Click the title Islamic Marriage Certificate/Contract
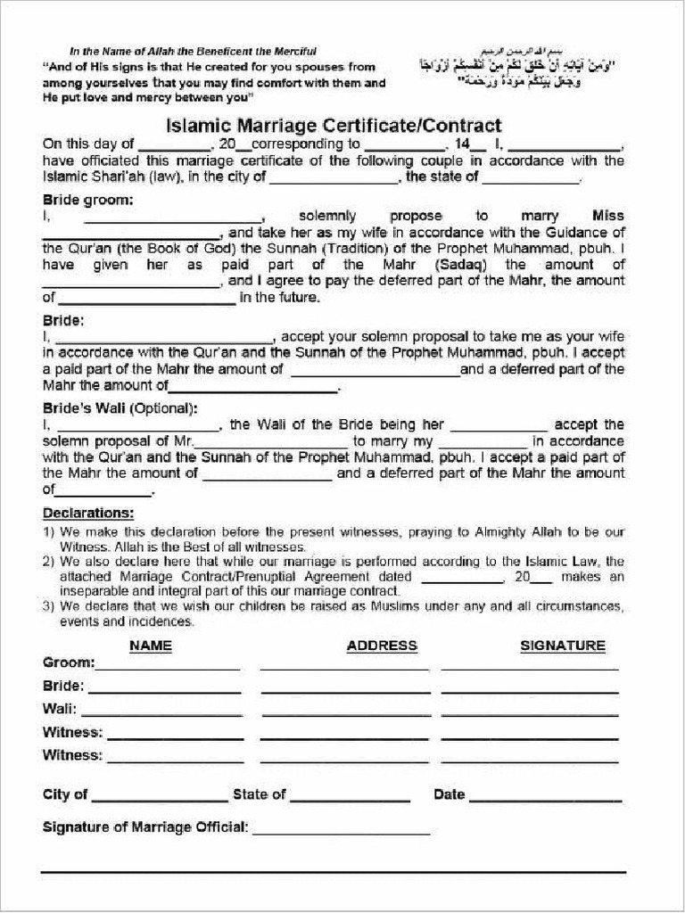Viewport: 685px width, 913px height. (334, 126)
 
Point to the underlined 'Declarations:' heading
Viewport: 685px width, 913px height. (88, 514)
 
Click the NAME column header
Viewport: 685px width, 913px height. (151, 646)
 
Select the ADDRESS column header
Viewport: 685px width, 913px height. (382, 646)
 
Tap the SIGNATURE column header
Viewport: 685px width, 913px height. (563, 646)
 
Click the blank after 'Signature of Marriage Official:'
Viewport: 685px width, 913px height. (342, 829)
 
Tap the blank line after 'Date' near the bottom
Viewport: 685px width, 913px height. (545, 796)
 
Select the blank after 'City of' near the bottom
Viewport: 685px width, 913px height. (160, 796)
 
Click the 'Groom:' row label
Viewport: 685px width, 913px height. (68, 662)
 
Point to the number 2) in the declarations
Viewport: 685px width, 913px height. (50, 562)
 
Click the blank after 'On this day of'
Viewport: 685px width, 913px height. (173, 146)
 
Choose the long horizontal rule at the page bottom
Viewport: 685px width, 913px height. (334, 872)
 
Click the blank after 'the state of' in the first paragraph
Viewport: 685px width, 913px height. (531, 179)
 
